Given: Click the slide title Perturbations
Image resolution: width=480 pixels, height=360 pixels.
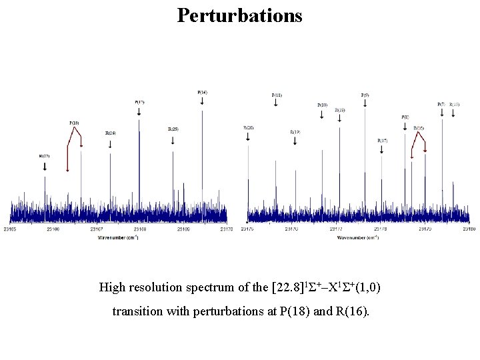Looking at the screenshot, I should pyautogui.click(x=239, y=15).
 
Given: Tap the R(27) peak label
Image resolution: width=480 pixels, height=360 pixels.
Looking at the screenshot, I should pyautogui.click(x=45, y=155).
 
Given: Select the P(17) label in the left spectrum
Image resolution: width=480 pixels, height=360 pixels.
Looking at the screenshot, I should pyautogui.click(x=139, y=102).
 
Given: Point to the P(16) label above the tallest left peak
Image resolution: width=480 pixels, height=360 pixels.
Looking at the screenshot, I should pyautogui.click(x=202, y=91).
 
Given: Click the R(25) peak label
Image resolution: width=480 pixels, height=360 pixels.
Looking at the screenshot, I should pyautogui.click(x=173, y=129).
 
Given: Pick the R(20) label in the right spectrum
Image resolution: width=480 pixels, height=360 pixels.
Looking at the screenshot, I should pyautogui.click(x=249, y=127).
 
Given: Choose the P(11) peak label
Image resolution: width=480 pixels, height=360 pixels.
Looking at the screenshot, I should pyautogui.click(x=277, y=95).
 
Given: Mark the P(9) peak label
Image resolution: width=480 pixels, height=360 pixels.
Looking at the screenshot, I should pyautogui.click(x=365, y=95).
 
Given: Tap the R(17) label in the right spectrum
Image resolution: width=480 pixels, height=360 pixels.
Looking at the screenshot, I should pyautogui.click(x=382, y=141).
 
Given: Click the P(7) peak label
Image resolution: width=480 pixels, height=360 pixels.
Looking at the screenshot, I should pyautogui.click(x=441, y=104).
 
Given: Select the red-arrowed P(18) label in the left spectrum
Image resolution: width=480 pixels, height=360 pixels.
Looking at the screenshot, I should pyautogui.click(x=74, y=123).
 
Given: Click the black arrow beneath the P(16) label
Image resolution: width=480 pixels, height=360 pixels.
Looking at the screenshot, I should pyautogui.click(x=202, y=101).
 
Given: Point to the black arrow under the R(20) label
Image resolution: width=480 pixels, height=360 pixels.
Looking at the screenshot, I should pyautogui.click(x=249, y=136).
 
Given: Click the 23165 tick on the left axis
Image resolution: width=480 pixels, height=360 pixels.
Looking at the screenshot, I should pyautogui.click(x=11, y=229).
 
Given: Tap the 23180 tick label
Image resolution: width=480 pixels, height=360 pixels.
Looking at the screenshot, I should pyautogui.click(x=469, y=229).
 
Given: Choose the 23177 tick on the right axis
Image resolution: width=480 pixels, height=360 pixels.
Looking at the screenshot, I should pyautogui.click(x=335, y=229).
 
